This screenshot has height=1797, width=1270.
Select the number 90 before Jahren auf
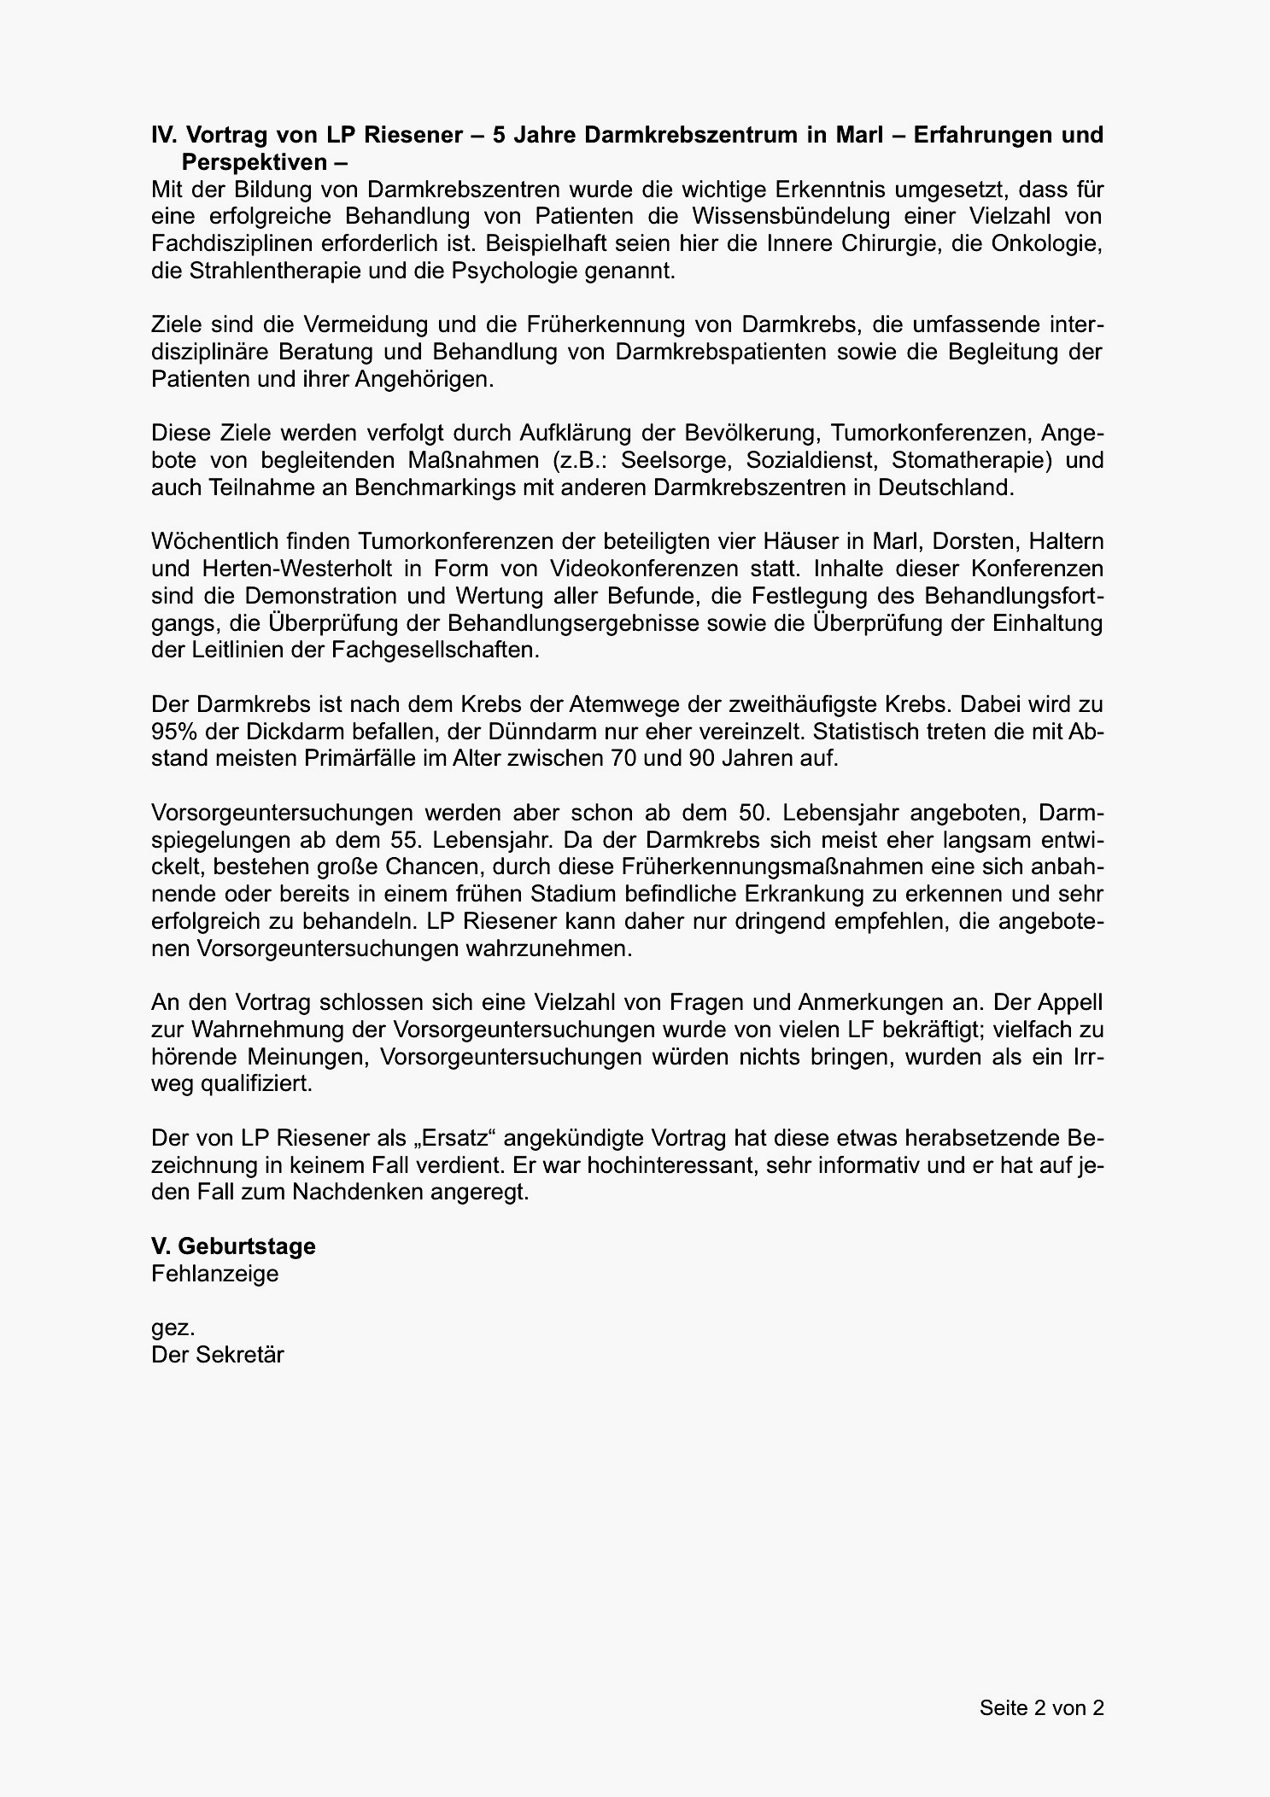[701, 759]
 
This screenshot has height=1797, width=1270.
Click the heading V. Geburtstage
[233, 1246]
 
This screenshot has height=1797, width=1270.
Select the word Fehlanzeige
[215, 1274]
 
